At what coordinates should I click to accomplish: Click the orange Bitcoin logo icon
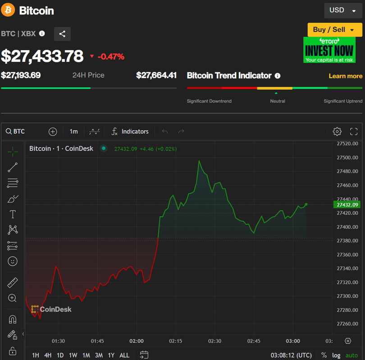pyautogui.click(x=8, y=10)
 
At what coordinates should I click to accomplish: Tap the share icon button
pyautogui.click(x=62, y=34)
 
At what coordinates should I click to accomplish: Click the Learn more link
pyautogui.click(x=345, y=76)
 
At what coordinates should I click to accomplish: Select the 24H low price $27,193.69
pyautogui.click(x=21, y=75)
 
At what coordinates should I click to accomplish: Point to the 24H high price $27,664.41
pyautogui.click(x=156, y=75)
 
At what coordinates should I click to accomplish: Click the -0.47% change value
pyautogui.click(x=111, y=56)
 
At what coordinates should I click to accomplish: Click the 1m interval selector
pyautogui.click(x=73, y=132)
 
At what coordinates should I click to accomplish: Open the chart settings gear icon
pyautogui.click(x=337, y=132)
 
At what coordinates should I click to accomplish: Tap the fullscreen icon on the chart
pyautogui.click(x=354, y=132)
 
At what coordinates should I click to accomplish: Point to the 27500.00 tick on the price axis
pyautogui.click(x=347, y=157)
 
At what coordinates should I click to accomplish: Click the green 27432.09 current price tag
pyautogui.click(x=347, y=205)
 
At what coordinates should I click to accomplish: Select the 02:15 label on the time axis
pyautogui.click(x=176, y=341)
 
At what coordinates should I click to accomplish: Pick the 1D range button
pyautogui.click(x=60, y=355)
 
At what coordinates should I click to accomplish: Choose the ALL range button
pyautogui.click(x=124, y=355)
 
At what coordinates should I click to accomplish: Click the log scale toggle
pyautogui.click(x=336, y=355)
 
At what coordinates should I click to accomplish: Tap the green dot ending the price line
pyautogui.click(x=306, y=205)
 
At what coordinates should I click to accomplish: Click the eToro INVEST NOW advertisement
pyautogui.click(x=329, y=50)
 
